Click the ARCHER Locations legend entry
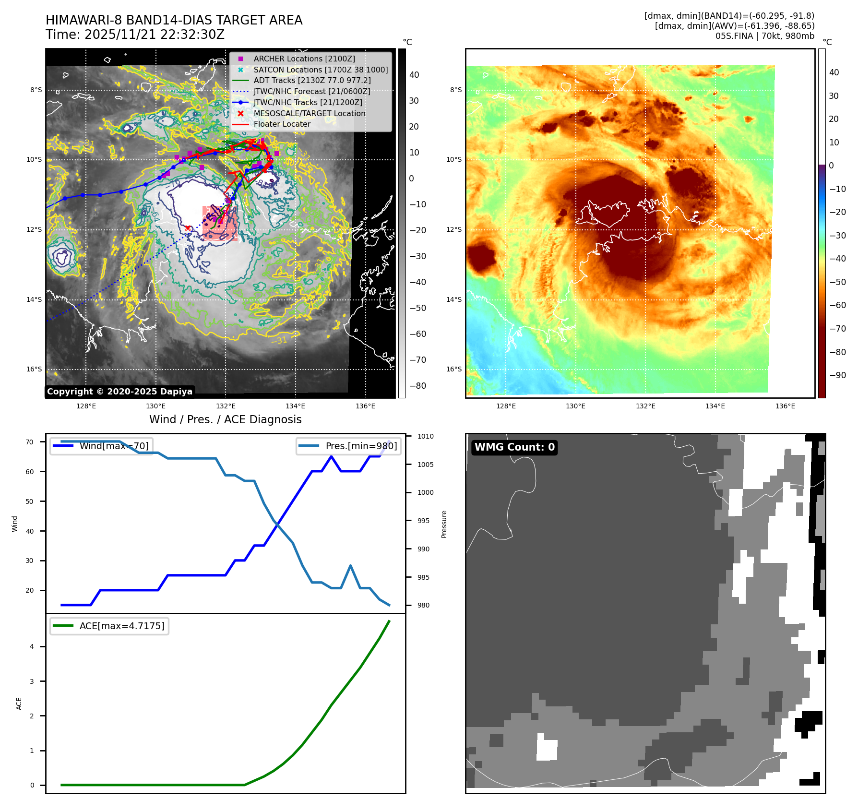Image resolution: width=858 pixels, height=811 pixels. click(x=304, y=59)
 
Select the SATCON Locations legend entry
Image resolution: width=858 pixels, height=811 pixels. click(x=321, y=70)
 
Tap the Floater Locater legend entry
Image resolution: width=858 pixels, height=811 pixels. click(x=282, y=124)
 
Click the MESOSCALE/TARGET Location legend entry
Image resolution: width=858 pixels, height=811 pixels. click(x=309, y=113)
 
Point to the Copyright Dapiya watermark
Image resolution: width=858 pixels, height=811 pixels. click(x=119, y=392)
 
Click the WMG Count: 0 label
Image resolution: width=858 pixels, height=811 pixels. click(x=514, y=447)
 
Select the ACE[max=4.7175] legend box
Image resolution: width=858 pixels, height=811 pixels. click(x=109, y=626)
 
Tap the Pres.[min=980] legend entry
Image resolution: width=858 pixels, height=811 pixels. click(x=349, y=446)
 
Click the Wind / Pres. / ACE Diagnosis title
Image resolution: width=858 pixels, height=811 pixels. click(x=226, y=419)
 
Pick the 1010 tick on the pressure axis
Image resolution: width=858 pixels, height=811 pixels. click(x=425, y=436)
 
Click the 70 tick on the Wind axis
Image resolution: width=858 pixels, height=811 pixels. click(x=30, y=442)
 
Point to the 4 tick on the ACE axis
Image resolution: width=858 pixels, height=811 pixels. click(x=32, y=646)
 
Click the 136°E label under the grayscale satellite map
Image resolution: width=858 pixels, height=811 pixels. click(x=365, y=406)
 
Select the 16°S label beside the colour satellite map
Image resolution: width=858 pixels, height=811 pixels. click(x=454, y=369)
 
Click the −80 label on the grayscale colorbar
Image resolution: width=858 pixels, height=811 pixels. click(x=417, y=386)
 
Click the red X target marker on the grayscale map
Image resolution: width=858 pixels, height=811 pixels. click(x=188, y=228)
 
